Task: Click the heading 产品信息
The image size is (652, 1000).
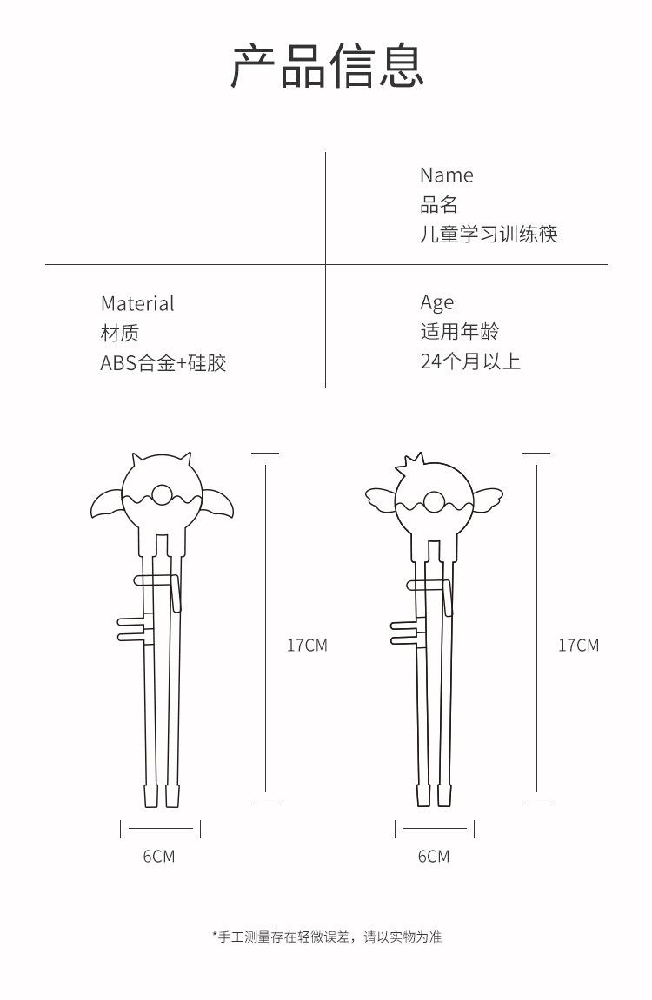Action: [x=327, y=66]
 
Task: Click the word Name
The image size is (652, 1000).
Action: [x=447, y=175]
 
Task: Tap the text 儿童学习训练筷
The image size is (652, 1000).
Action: [x=489, y=234]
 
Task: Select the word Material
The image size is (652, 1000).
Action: [x=137, y=303]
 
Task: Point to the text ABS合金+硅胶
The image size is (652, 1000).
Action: [x=163, y=363]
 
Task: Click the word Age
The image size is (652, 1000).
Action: [x=437, y=303]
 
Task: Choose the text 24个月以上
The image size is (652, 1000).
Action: [x=470, y=361]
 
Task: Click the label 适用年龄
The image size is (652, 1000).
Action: [x=459, y=332]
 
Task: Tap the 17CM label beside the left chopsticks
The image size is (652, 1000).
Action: [x=307, y=646]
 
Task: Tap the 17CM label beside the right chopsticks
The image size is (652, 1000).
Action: [x=579, y=646]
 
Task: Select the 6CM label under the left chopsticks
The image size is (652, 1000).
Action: [x=159, y=857]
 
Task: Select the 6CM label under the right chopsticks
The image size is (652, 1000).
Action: [x=434, y=857]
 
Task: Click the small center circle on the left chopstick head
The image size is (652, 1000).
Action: [x=162, y=495]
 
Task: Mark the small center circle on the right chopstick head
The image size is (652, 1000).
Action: [x=435, y=501]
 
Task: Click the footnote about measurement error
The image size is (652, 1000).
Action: [x=327, y=937]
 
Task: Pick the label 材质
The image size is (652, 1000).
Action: [x=120, y=333]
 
